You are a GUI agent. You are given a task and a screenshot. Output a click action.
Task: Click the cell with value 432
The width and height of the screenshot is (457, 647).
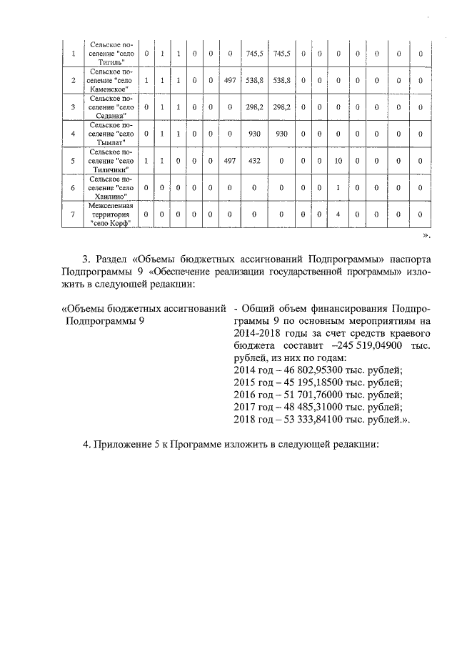254,161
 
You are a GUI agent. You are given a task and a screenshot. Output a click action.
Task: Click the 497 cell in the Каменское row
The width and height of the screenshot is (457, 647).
229,80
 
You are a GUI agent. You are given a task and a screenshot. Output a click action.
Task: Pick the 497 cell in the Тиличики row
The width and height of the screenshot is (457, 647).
229,161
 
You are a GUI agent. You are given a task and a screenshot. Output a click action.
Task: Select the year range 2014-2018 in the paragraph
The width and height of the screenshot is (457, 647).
259,332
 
